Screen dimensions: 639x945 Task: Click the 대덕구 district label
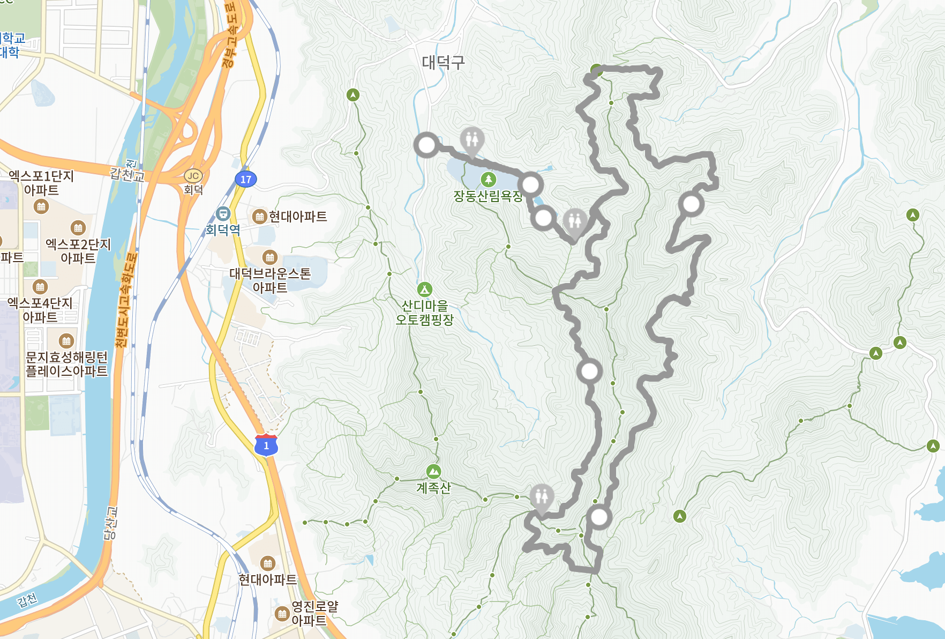tap(443, 62)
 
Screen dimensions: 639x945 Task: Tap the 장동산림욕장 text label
tap(487, 196)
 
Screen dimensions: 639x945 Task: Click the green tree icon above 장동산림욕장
tap(488, 179)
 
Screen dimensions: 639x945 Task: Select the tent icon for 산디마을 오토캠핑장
tap(425, 289)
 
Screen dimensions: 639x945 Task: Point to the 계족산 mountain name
tap(433, 488)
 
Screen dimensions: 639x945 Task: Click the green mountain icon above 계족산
tap(433, 472)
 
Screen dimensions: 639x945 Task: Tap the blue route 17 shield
tap(246, 180)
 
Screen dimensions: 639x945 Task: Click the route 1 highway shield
tap(266, 445)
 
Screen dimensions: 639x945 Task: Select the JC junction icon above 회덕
tap(193, 176)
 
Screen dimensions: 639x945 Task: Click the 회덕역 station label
tap(223, 230)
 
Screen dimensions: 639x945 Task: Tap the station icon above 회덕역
tap(223, 214)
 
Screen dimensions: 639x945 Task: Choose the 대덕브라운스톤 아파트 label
tap(270, 280)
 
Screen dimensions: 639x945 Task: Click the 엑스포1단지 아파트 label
tap(41, 183)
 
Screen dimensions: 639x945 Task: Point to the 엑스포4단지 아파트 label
tap(40, 310)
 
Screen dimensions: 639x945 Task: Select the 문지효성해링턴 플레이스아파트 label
tap(66, 364)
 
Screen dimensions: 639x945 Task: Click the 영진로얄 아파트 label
tap(314, 613)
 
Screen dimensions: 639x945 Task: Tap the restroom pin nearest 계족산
tap(542, 498)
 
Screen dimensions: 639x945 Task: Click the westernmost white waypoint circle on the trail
tap(426, 145)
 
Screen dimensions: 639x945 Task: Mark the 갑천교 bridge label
tap(127, 174)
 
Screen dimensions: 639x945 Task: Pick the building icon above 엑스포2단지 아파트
tap(78, 228)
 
